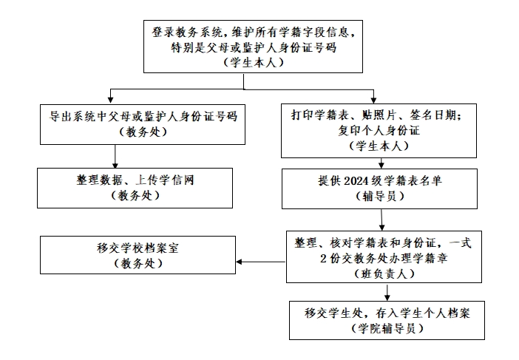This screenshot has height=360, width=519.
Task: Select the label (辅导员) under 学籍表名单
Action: (x=379, y=196)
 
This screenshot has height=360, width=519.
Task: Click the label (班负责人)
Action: (x=379, y=274)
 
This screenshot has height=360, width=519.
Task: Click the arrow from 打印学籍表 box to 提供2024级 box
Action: (x=381, y=163)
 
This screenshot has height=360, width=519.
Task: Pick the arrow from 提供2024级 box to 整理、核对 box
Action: (x=381, y=220)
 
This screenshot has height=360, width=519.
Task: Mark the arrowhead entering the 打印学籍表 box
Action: (x=374, y=99)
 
